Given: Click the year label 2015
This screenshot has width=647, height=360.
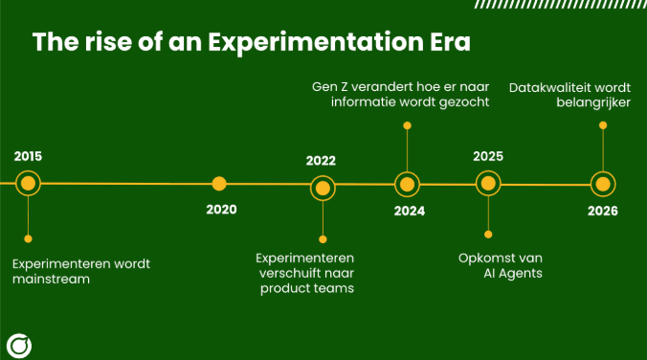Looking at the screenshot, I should [x=29, y=156].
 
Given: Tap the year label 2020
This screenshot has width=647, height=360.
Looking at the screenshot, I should [x=220, y=210].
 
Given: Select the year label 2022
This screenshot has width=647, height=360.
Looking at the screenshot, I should [x=322, y=161].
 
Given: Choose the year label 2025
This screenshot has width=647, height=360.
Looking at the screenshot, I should [x=488, y=156].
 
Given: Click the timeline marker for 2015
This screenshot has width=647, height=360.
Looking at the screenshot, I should [x=28, y=183].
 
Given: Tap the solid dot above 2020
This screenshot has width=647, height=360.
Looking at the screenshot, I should [x=219, y=183].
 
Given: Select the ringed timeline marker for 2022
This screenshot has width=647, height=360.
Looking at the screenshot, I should [x=323, y=188].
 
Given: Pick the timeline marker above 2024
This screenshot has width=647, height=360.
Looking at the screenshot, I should [x=408, y=184].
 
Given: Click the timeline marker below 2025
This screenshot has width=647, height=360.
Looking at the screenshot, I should [x=488, y=183].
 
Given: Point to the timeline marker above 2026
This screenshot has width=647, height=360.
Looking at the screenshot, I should [x=602, y=184].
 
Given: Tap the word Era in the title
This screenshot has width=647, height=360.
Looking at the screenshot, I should [x=447, y=43].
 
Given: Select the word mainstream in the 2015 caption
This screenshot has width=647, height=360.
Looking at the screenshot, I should [x=52, y=280].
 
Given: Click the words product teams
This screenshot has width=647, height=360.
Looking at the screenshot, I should [x=306, y=288].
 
